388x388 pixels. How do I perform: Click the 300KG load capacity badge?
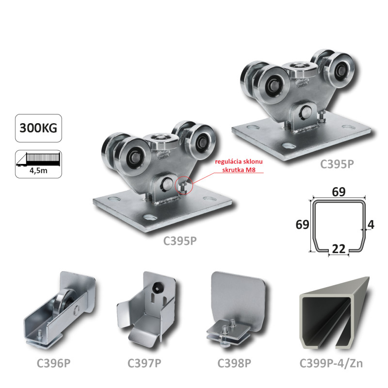click(x=38, y=128)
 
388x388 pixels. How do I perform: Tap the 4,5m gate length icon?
click(x=38, y=164)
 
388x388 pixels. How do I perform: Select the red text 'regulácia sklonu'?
click(x=239, y=162)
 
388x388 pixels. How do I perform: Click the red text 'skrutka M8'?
click(x=239, y=170)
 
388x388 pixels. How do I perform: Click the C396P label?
click(x=53, y=363)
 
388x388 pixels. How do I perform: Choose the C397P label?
click(x=144, y=363)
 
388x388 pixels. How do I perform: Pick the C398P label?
click(x=234, y=363)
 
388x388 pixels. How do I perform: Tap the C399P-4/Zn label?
click(x=331, y=363)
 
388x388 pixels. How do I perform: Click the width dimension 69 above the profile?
click(x=339, y=192)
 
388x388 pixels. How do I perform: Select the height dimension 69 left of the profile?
click(x=302, y=225)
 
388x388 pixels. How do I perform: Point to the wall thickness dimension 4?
click(x=371, y=225)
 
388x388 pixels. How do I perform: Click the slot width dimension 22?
click(x=339, y=249)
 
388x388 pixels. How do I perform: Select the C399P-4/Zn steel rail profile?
click(x=335, y=313)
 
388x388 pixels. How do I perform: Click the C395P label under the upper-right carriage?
click(x=337, y=164)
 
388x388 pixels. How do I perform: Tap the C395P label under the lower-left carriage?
click(x=180, y=241)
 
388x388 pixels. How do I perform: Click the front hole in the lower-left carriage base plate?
click(x=150, y=217)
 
